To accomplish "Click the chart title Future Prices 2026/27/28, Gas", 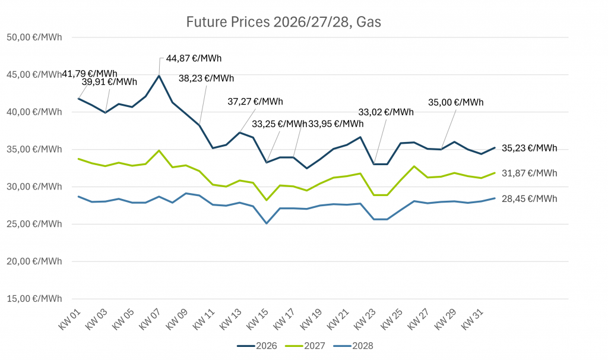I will [283, 23].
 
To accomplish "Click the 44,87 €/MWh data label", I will [194, 58].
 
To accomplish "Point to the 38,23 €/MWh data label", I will [206, 78].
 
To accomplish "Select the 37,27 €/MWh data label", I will [255, 102].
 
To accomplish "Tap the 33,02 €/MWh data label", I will [386, 112].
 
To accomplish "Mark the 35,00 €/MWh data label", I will [455, 102].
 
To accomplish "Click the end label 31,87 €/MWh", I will [528, 173].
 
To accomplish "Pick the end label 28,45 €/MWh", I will [528, 198].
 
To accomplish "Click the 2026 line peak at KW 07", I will [159, 75].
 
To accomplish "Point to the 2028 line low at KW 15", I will [267, 223].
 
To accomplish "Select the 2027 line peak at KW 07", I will [159, 150].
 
